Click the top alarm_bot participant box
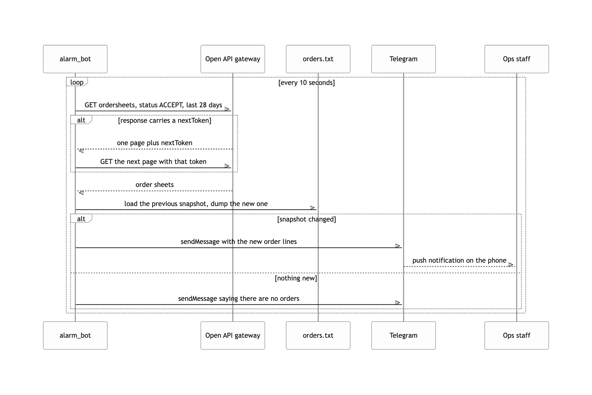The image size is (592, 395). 75,59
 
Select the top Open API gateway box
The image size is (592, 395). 233,59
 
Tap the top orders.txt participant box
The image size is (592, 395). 318,59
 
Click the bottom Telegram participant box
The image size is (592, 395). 404,335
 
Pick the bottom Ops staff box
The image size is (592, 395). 517,335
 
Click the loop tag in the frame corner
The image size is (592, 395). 77,82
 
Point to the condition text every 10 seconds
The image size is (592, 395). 307,83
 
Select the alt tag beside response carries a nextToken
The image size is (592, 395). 81,120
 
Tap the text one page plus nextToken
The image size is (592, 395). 155,143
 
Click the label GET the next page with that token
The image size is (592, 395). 153,162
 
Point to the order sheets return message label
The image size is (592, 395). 155,185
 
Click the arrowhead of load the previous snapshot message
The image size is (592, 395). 313,208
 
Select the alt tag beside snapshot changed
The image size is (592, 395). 81,219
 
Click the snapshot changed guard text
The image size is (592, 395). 307,219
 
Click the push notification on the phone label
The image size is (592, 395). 459,260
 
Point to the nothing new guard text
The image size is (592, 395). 296,278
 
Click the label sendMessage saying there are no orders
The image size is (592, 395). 239,299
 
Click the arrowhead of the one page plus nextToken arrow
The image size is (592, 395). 81,151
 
